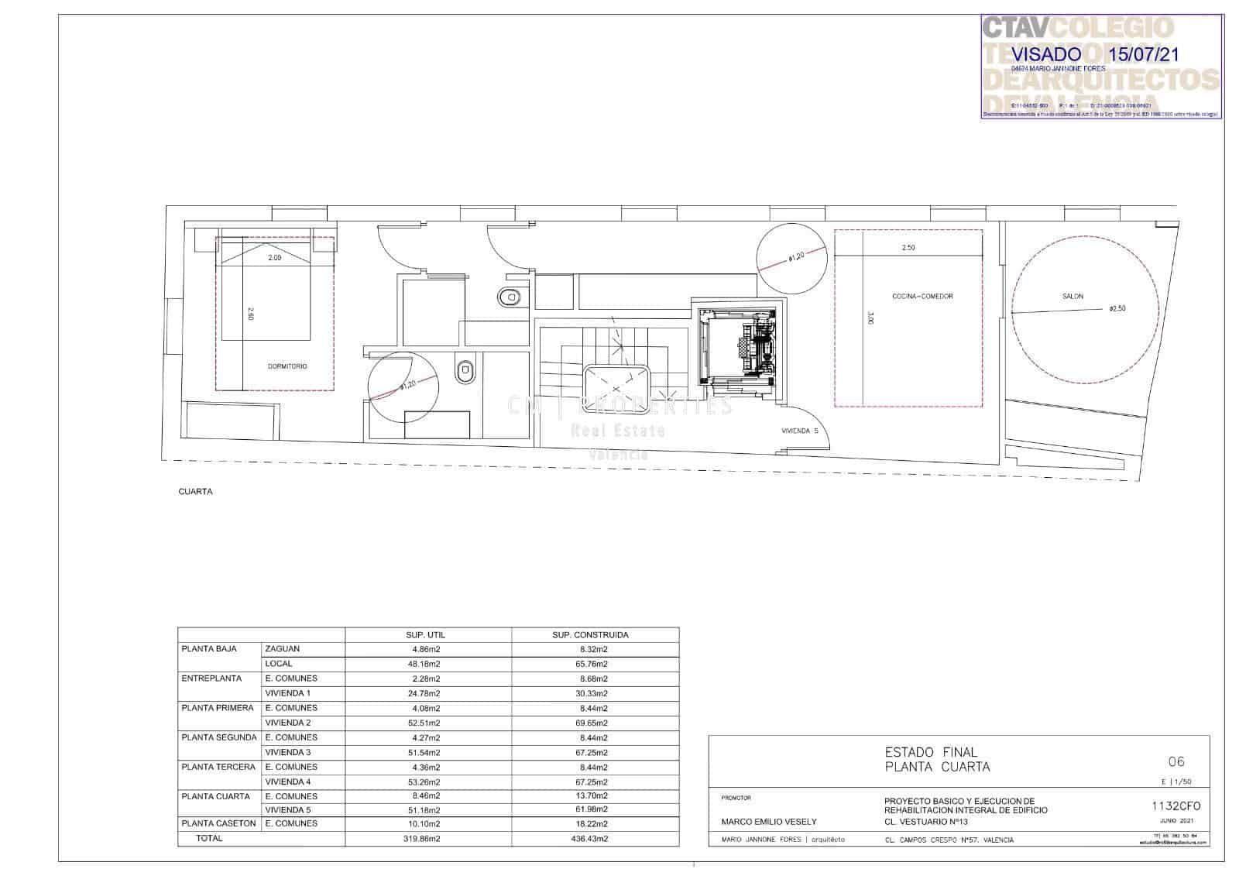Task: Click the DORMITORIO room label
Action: [287, 366]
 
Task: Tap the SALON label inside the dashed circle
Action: [1073, 297]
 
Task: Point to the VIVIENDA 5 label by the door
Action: [799, 431]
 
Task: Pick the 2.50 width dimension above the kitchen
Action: [908, 248]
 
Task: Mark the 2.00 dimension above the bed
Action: [274, 258]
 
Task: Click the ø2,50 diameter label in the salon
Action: [1117, 308]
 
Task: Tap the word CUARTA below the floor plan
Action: [195, 492]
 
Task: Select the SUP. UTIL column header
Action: [426, 635]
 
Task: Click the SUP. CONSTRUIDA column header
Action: [590, 635]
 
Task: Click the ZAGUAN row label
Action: [282, 649]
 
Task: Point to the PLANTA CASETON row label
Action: [218, 823]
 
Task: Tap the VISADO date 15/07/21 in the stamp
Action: [1145, 54]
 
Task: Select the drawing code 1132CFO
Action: [1176, 806]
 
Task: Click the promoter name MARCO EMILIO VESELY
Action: [768, 822]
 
